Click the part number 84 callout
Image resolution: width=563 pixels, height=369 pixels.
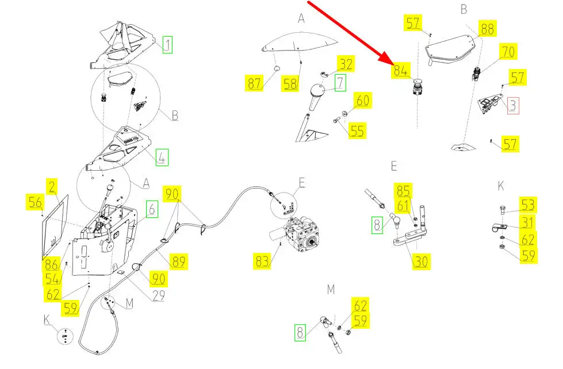click(401, 71)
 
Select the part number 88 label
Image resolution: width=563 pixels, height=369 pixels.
click(487, 29)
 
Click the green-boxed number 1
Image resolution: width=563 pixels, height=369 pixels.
click(167, 44)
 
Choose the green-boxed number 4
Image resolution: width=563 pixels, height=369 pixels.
click(162, 157)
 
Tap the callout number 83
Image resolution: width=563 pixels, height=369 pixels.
click(262, 262)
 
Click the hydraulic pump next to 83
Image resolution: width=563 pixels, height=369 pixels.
click(303, 233)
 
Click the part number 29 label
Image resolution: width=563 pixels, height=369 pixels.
click(159, 296)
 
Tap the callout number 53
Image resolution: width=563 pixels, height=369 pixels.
click(527, 205)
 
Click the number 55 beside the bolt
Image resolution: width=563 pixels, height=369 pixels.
click(357, 130)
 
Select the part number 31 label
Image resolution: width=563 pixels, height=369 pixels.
click(527, 222)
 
